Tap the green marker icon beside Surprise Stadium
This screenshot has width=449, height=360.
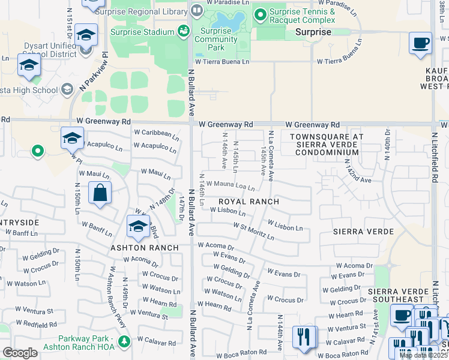click(184, 32)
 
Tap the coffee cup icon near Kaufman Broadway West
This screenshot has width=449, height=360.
click(420, 43)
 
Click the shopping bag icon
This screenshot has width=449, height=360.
click(100, 193)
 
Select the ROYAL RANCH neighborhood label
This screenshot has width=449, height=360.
click(248, 202)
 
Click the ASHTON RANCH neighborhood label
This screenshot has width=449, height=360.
click(143, 248)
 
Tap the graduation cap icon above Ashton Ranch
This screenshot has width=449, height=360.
click(138, 227)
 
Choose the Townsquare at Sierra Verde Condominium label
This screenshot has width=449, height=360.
click(326, 145)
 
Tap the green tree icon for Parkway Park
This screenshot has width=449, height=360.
click(124, 342)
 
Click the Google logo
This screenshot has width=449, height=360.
click(20, 353)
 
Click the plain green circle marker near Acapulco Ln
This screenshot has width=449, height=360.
click(37, 151)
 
